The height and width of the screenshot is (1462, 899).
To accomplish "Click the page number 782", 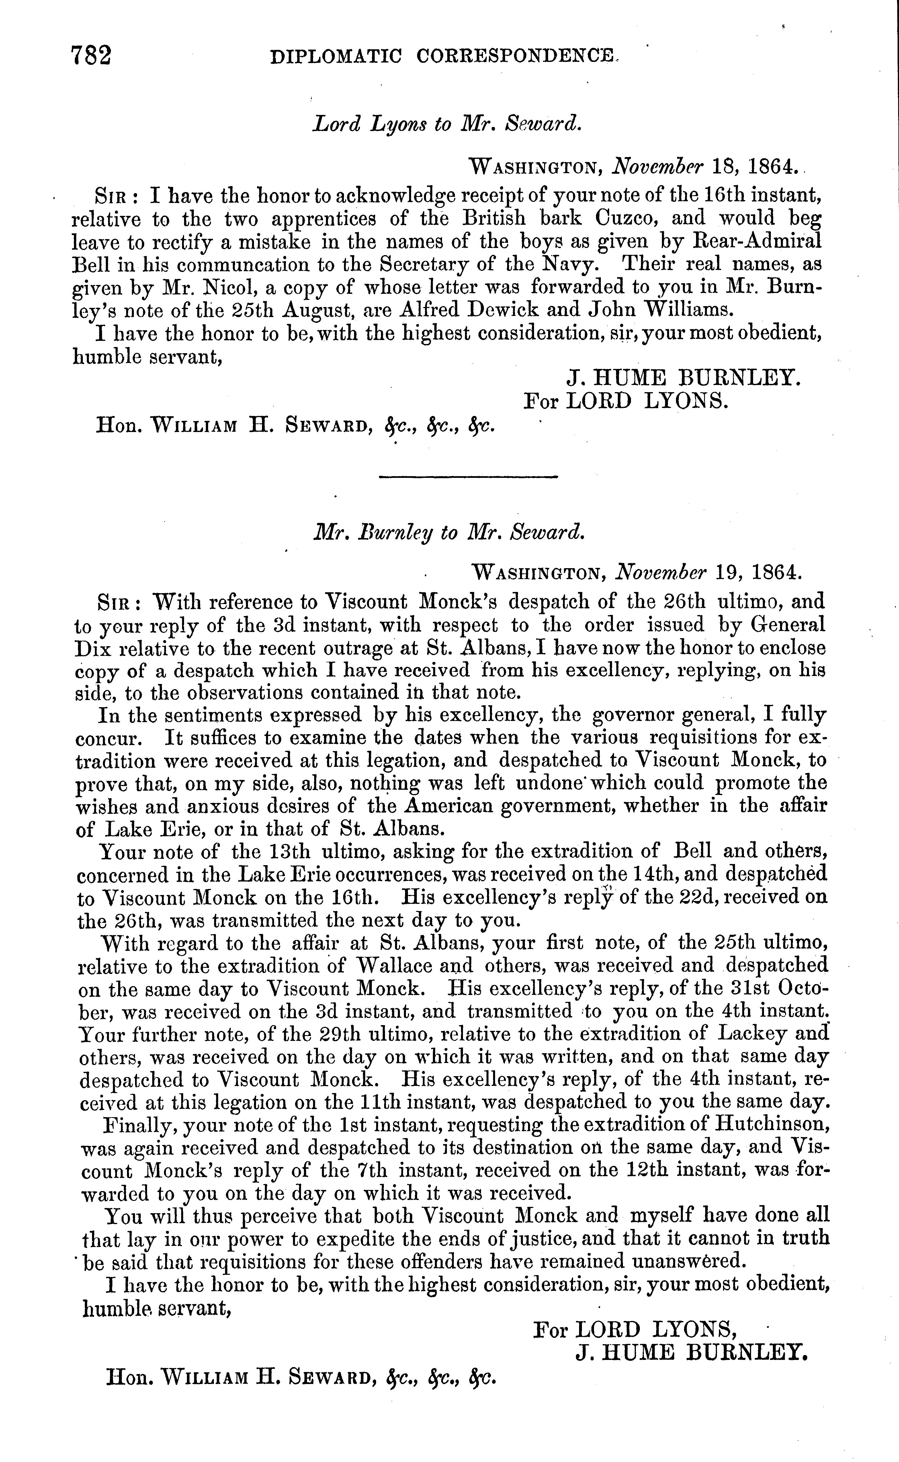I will pos(91,56).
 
